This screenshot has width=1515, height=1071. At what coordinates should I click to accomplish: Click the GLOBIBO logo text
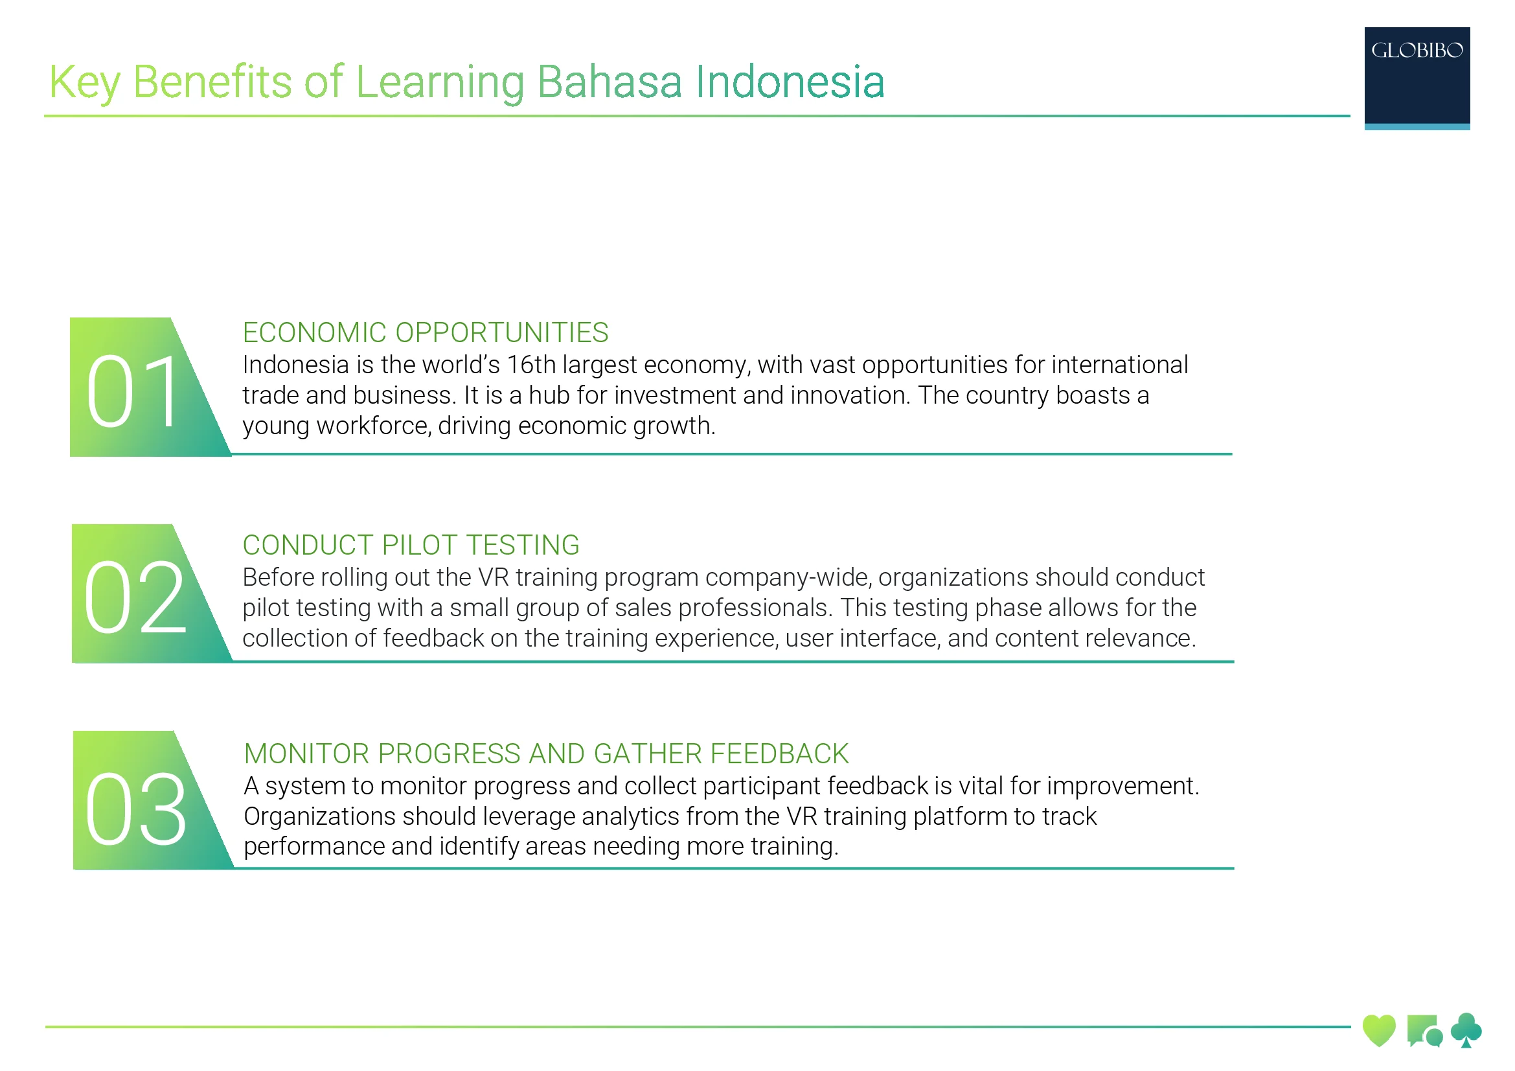click(1416, 51)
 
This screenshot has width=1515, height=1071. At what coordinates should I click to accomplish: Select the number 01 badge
click(135, 391)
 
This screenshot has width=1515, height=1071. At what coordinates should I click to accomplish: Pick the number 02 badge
click(135, 597)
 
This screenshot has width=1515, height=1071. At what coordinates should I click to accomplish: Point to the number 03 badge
click(137, 809)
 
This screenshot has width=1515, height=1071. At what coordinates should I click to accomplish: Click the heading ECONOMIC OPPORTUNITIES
click(425, 332)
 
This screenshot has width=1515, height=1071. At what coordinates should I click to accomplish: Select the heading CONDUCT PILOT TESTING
click(411, 545)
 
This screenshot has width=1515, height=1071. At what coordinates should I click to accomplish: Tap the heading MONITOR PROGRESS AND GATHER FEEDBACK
click(545, 754)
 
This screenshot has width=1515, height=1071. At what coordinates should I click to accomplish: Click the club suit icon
click(1466, 1030)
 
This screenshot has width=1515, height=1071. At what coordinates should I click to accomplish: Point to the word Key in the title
click(84, 82)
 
